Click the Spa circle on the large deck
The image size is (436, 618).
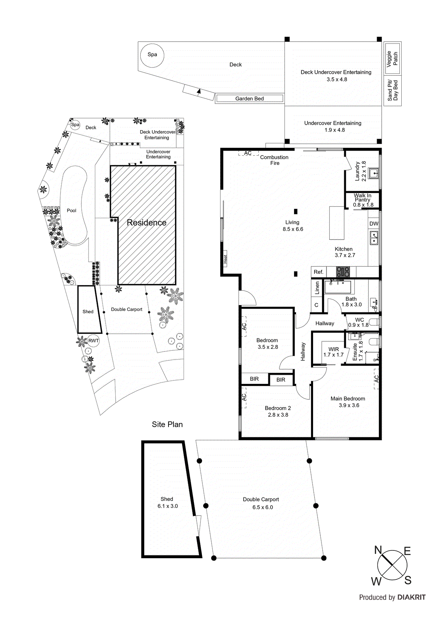tap(152, 55)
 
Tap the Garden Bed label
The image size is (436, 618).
tap(249, 98)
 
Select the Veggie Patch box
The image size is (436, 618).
tap(392, 59)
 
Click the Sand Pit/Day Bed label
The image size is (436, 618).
tap(392, 91)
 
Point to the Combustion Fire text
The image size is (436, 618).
tap(274, 160)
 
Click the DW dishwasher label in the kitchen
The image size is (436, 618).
tap(374, 224)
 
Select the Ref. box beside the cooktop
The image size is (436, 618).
tap(318, 272)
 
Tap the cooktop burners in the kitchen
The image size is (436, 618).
tap(343, 272)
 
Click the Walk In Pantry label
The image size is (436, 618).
tap(363, 200)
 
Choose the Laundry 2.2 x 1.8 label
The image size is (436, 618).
tap(360, 171)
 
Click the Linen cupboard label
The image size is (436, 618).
tap(317, 288)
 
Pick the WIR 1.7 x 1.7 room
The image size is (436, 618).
tap(333, 352)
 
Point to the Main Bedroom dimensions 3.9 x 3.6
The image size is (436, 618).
tap(349, 405)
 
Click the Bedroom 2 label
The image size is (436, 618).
tap(278, 408)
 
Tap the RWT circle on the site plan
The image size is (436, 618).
tap(93, 341)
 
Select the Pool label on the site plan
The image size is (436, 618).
tap(72, 211)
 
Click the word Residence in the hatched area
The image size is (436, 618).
tap(146, 222)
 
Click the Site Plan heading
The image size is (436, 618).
tap(167, 424)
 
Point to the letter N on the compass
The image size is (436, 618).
tap(378, 550)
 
